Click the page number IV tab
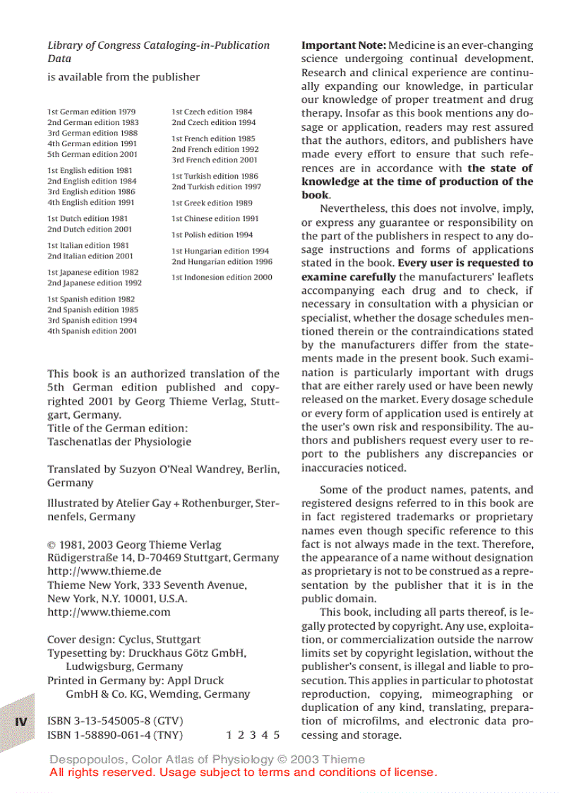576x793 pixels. tap(21, 722)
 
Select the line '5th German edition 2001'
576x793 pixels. tap(92, 155)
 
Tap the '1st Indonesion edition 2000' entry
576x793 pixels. tap(222, 278)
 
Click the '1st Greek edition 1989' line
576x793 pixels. tap(212, 203)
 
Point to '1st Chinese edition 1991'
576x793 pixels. tap(215, 219)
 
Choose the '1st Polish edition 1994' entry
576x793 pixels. tap(212, 235)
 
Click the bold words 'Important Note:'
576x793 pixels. tap(344, 45)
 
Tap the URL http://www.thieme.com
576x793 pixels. tap(109, 612)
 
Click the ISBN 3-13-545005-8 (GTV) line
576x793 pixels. tap(111, 721)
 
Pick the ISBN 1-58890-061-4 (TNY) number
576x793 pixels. tap(115, 735)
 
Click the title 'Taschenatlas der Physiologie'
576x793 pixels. tap(119, 442)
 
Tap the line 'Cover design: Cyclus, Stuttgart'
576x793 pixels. tap(124, 640)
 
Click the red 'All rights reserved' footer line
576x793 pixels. tap(244, 773)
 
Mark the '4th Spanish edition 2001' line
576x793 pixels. tap(92, 331)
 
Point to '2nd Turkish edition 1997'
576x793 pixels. tap(216, 187)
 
